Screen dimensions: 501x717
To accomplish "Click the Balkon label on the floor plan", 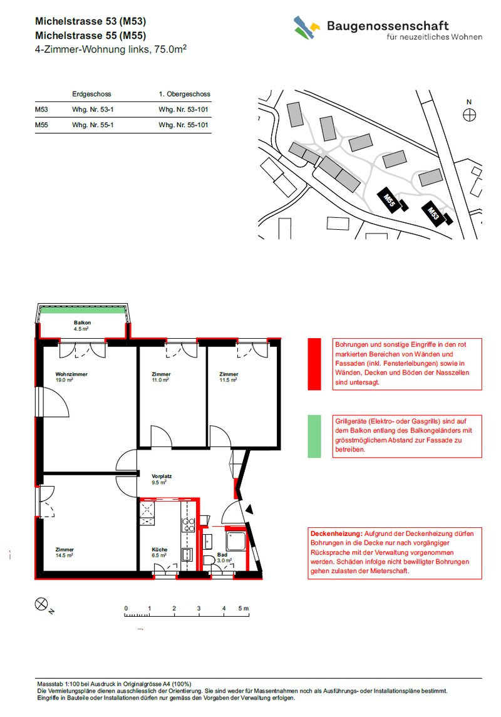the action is coord(82,323).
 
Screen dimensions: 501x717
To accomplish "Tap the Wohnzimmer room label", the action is coord(71,374).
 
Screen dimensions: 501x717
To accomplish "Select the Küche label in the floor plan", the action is coord(160,550).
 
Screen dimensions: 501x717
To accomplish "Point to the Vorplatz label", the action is coord(162,477).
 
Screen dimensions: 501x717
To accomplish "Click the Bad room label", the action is coord(222,555).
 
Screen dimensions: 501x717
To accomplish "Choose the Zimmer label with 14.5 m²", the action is coord(65,550).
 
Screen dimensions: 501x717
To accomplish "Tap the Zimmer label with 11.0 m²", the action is coord(161,374).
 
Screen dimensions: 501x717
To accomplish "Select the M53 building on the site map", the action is coord(433,213).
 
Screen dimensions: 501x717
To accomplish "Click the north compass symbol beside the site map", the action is coord(470,115).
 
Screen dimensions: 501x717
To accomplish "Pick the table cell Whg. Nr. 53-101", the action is coord(183,110).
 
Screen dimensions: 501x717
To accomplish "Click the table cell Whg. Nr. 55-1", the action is coord(93,125).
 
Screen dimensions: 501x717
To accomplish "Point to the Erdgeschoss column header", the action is coord(91,94).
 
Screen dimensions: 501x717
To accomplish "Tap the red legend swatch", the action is coord(314,364).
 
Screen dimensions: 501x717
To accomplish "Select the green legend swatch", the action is coord(314,436).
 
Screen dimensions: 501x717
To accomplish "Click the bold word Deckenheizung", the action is coord(336,534).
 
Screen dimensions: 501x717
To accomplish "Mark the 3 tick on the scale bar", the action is coord(199,613).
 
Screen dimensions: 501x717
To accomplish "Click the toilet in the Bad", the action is coord(209,561).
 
